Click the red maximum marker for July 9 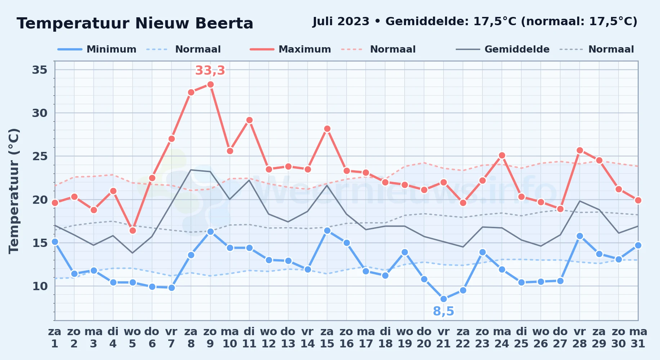pyautogui.click(x=210, y=85)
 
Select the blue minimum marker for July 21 pyautogui.click(x=443, y=299)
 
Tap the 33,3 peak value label pyautogui.click(x=210, y=71)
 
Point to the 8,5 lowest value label pyautogui.click(x=443, y=311)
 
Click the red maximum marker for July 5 pyautogui.click(x=133, y=230)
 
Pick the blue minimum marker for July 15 pyautogui.click(x=327, y=231)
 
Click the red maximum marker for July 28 pyautogui.click(x=580, y=150)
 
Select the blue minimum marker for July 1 pyautogui.click(x=55, y=242)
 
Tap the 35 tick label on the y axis pyautogui.click(x=40, y=69)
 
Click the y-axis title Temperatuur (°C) pyautogui.click(x=14, y=191)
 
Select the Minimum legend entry pyautogui.click(x=97, y=49)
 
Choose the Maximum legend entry pyautogui.click(x=291, y=49)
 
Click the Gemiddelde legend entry pyautogui.click(x=503, y=49)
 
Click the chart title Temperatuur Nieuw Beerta pyautogui.click(x=135, y=23)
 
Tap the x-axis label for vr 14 pyautogui.click(x=308, y=338)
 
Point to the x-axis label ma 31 pyautogui.click(x=638, y=338)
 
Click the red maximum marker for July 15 pyautogui.click(x=327, y=129)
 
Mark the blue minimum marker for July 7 pyautogui.click(x=171, y=288)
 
